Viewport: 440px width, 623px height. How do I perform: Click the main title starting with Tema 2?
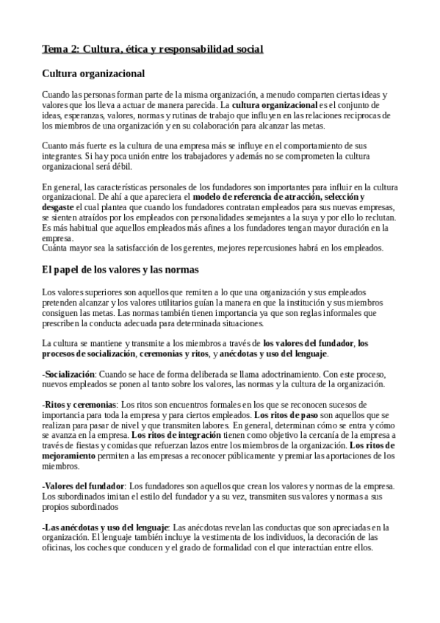152,49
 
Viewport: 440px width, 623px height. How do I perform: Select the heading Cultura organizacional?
93,73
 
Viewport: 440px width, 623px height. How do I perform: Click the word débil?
121,167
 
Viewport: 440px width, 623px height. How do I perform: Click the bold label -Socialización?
69,374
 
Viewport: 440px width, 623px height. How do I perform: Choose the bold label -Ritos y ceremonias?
79,405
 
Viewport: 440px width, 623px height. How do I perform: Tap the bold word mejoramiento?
73,456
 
